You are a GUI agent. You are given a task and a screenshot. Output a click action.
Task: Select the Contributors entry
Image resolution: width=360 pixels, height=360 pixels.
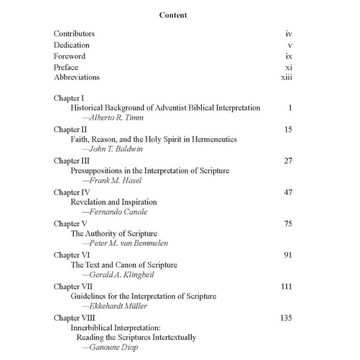click(74, 34)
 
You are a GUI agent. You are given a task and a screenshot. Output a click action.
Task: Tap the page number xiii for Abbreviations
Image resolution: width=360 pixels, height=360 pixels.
click(286, 78)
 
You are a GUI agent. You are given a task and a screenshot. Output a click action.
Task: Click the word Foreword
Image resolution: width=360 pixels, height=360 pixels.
click(70, 56)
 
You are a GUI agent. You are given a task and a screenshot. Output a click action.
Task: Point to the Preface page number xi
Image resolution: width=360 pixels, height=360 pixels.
click(289, 66)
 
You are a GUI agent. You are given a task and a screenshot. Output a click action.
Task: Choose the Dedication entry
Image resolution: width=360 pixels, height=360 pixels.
click(72, 45)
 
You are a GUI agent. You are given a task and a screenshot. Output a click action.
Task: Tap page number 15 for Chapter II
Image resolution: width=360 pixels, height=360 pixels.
click(288, 130)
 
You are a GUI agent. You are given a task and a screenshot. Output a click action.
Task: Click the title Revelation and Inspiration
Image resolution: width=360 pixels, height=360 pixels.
click(114, 202)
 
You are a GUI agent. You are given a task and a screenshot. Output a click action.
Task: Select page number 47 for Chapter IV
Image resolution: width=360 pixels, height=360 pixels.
click(288, 193)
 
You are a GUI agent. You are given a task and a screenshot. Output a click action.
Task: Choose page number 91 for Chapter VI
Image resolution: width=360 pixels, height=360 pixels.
click(288, 256)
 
